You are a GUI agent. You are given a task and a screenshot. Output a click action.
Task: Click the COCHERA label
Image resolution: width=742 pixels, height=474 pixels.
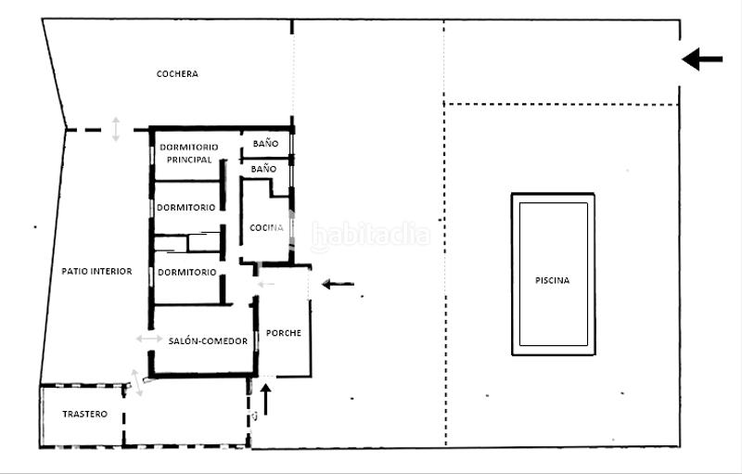tap(177, 74)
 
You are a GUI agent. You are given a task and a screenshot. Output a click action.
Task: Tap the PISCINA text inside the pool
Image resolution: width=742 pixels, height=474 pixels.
tap(552, 280)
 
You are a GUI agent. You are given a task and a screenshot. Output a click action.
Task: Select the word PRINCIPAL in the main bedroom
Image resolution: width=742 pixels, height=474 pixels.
tap(189, 160)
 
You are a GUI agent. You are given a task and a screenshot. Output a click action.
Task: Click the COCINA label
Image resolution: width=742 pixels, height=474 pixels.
tap(267, 228)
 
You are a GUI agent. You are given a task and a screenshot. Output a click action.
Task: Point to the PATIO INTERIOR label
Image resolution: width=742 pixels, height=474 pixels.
tap(96, 272)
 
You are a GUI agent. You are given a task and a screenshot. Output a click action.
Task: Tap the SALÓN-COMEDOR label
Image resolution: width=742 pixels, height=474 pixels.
tap(208, 341)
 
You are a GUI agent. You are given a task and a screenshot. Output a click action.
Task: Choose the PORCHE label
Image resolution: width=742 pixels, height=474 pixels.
tap(283, 333)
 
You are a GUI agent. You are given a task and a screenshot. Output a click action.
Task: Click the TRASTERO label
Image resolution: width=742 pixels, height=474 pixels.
tap(84, 414)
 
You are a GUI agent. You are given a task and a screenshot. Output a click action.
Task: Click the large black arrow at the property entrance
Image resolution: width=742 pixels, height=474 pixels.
tap(702, 59)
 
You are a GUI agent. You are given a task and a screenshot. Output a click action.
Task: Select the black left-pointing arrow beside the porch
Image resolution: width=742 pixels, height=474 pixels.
tap(338, 284)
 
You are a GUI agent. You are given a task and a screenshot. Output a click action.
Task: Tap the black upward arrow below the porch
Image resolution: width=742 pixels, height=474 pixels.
tap(266, 399)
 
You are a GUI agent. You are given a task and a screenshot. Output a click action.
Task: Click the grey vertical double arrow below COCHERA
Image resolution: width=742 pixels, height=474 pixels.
tap(116, 129)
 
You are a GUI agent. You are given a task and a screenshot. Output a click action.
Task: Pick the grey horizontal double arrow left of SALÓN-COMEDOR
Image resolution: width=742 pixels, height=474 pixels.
tap(148, 339)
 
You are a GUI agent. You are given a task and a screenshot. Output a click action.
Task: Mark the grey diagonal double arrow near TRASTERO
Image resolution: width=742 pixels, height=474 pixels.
tap(136, 381)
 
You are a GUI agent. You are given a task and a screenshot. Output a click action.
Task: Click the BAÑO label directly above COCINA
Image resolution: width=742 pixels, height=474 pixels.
tap(263, 170)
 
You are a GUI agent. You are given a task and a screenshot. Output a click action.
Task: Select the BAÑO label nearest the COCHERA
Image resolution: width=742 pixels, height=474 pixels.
tap(264, 144)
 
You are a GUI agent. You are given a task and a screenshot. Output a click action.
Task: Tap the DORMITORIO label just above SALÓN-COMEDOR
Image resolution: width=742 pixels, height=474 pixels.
tap(186, 273)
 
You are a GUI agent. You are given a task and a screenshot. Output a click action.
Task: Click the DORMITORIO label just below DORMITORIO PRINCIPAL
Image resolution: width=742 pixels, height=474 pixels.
tap(186, 207)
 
